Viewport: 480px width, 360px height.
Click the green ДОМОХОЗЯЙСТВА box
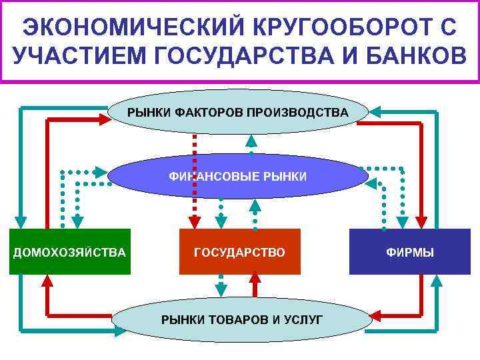click(69, 252)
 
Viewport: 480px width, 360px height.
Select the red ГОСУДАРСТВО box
click(239, 252)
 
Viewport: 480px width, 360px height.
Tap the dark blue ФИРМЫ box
click(409, 252)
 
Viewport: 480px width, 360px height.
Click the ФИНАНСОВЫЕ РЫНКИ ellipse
click(238, 177)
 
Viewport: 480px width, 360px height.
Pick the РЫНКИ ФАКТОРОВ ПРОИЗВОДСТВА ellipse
click(238, 111)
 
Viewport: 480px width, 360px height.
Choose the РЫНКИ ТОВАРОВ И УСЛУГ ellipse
click(241, 320)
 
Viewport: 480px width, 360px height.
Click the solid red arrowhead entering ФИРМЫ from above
click(421, 221)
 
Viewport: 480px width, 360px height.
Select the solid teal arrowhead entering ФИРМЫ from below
click(437, 281)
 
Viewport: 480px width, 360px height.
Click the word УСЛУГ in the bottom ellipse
click(303, 320)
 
